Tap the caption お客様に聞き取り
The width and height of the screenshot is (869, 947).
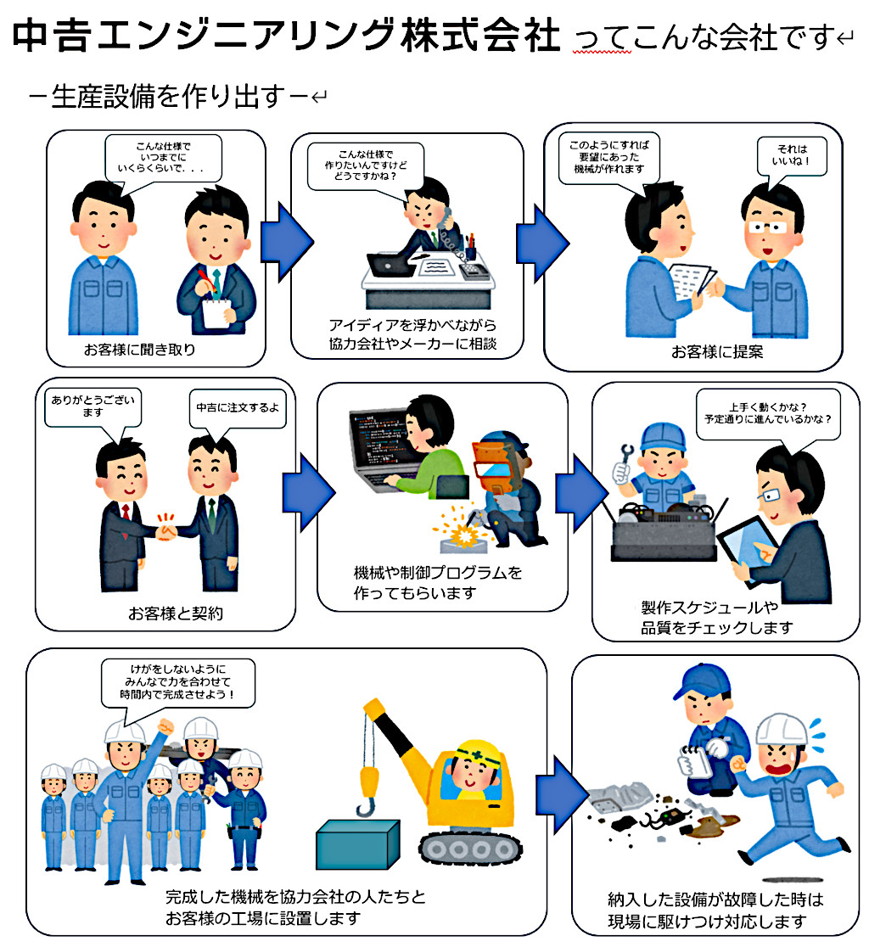coord(138,349)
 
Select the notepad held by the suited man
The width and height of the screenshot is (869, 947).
coord(220,316)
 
